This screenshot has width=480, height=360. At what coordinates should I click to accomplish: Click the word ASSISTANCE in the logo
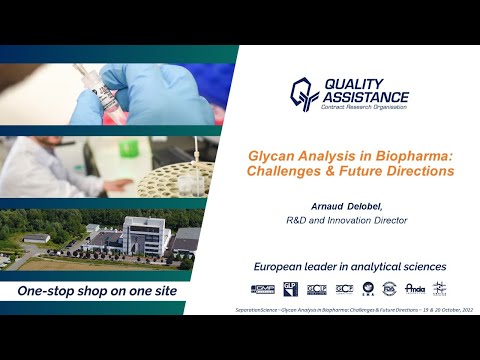(363, 97)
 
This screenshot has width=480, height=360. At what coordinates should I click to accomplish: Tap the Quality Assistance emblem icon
(304, 94)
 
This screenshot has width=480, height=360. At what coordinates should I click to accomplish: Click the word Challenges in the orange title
(286, 171)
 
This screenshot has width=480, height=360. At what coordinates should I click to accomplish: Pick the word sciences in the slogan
(418, 267)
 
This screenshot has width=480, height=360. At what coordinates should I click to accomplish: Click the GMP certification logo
(262, 289)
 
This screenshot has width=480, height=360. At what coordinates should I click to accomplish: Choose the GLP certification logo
(290, 289)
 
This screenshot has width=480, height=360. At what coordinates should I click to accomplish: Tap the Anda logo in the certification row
(415, 289)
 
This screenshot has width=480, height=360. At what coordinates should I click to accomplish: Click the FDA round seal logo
(391, 289)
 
